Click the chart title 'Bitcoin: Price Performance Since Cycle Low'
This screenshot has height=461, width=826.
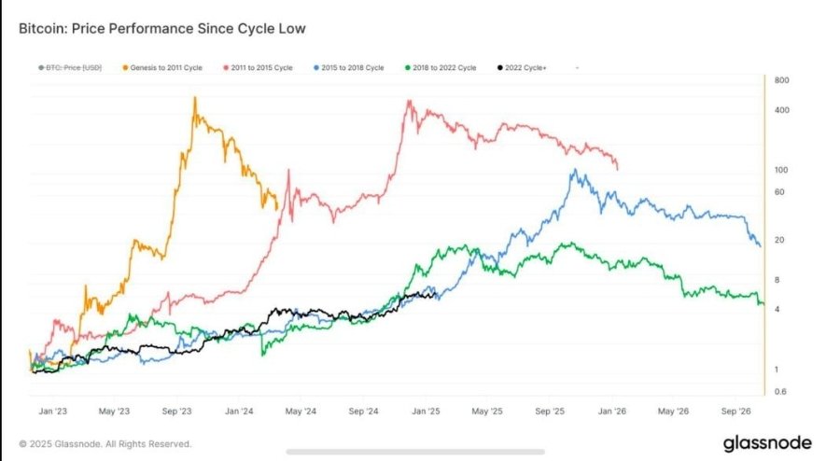(x=161, y=29)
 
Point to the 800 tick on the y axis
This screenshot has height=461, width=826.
(x=783, y=81)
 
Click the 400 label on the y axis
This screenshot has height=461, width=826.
(x=783, y=110)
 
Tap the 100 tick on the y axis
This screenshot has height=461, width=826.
(x=783, y=170)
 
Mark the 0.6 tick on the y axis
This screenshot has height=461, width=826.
(x=783, y=391)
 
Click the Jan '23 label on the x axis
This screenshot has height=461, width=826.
(x=51, y=411)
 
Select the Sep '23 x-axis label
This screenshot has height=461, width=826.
(x=176, y=411)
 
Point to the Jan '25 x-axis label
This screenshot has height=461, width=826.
(x=427, y=411)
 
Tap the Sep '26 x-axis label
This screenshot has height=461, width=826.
(x=739, y=411)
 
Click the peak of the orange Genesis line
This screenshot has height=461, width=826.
(x=194, y=97)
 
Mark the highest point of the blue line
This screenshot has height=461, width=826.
(x=576, y=171)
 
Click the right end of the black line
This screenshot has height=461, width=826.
(x=436, y=295)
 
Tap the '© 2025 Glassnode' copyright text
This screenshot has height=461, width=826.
(x=105, y=444)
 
